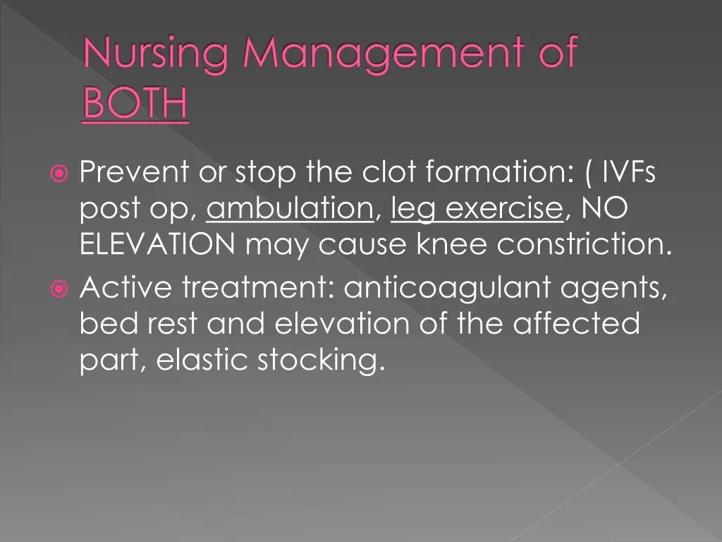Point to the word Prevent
pos(135,171)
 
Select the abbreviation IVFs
pos(628,171)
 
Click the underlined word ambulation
pos(290,210)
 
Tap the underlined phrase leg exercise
pos(477,210)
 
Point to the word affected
pos(576,324)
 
